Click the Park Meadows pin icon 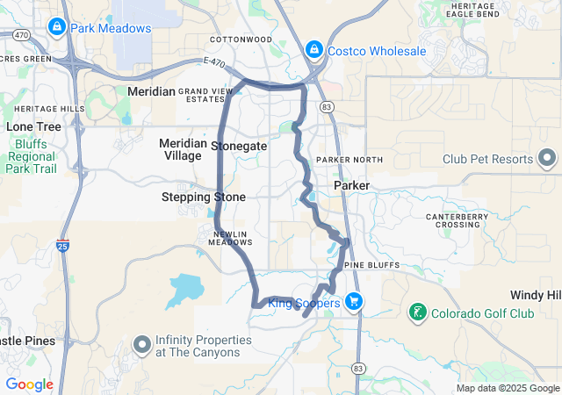coord(57,28)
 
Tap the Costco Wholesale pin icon coord(313,51)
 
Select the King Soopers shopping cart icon coord(353,303)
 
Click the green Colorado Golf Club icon coord(418,312)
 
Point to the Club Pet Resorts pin coord(547,159)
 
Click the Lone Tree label coord(33,126)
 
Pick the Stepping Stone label coord(204,197)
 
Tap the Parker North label coord(349,160)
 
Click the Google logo coord(29,384)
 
